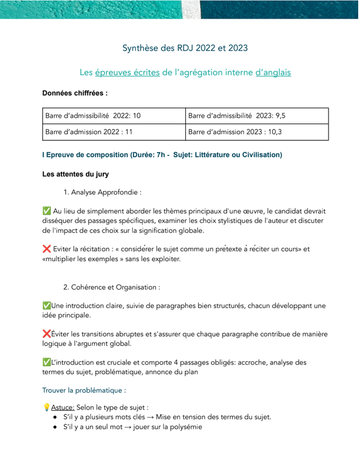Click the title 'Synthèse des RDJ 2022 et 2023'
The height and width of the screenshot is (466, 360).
point(185,48)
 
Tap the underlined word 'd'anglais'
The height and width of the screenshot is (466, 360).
point(273,73)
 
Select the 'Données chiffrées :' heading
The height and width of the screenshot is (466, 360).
point(75,93)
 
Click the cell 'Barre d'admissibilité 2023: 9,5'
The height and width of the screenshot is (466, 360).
point(237,116)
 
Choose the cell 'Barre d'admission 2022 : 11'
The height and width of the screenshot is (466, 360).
point(89,132)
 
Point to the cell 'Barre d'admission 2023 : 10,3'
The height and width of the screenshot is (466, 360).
point(235,132)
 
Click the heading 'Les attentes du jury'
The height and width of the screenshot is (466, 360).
point(75,174)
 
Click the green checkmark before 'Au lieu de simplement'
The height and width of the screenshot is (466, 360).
point(47,210)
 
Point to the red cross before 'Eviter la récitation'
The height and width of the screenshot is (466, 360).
point(47,249)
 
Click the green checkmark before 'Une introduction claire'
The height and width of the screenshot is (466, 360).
point(47,305)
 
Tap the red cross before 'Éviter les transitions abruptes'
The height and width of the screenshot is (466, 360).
point(47,334)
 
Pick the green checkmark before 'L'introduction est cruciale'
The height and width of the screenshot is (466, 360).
point(47,362)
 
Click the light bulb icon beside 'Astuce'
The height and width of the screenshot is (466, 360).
point(47,407)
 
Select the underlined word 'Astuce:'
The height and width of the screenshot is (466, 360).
point(62,407)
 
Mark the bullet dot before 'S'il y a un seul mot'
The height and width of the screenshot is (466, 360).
point(54,426)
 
